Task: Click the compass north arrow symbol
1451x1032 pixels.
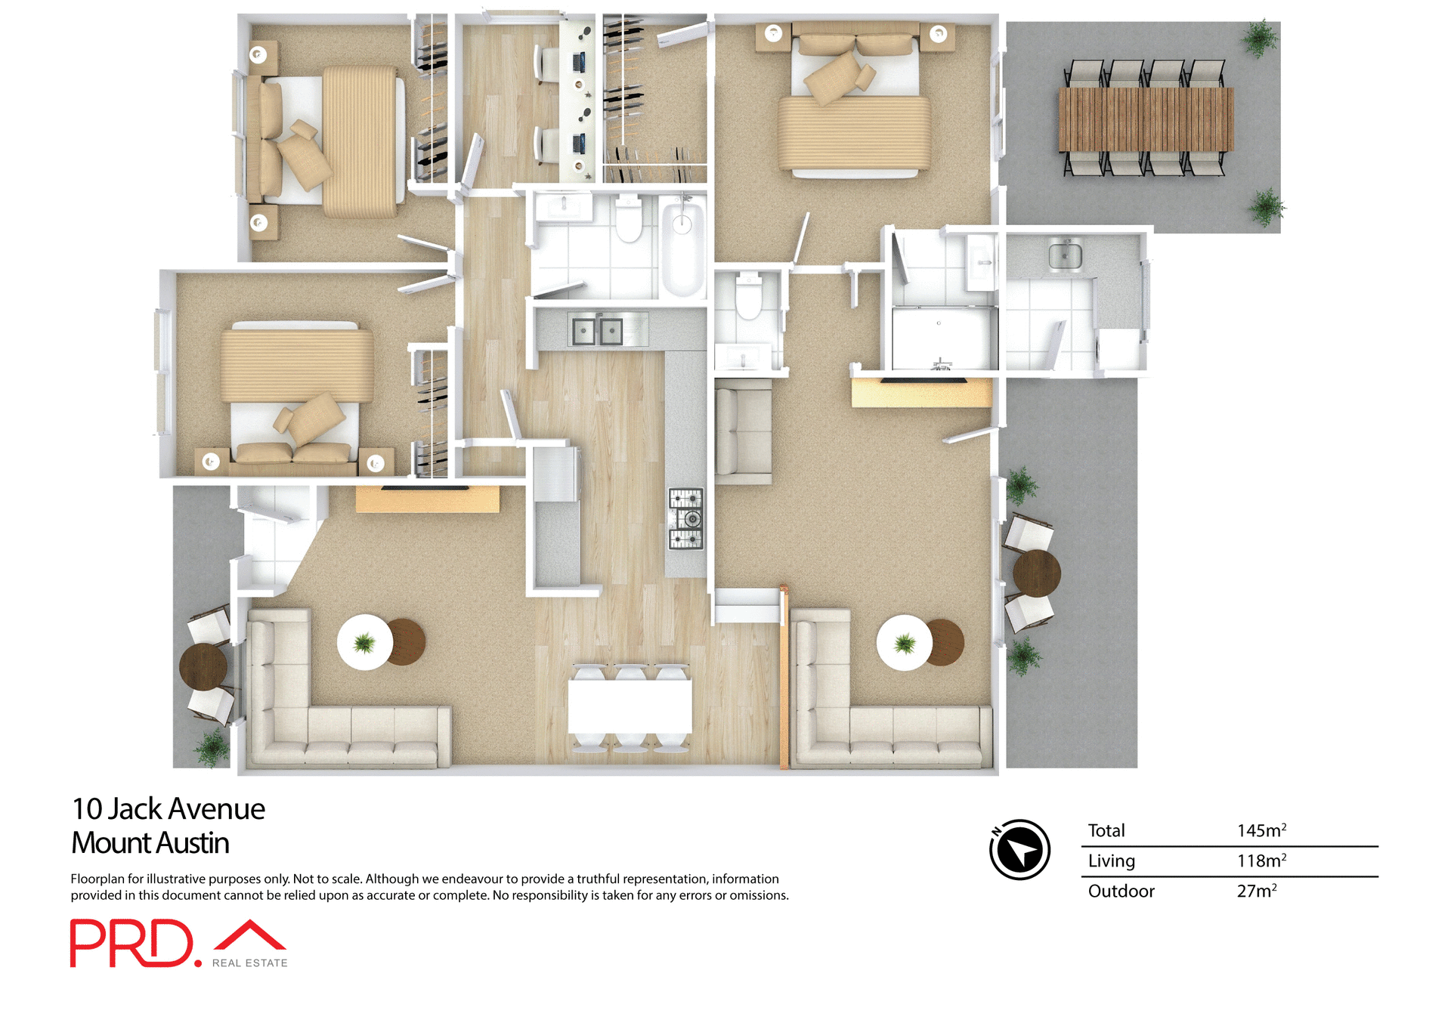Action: point(1019,849)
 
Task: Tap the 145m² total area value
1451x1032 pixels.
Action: point(1261,830)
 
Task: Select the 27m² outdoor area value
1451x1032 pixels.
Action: point(1256,891)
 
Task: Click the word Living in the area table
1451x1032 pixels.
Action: point(1111,861)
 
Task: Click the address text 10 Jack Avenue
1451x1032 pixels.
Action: point(168,809)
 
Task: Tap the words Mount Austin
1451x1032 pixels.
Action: point(150,843)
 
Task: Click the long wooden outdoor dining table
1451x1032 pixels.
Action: point(1145,119)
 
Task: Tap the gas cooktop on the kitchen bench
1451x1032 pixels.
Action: point(685,518)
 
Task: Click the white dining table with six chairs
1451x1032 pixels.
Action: point(630,706)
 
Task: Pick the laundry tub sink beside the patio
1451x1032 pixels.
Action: point(1065,255)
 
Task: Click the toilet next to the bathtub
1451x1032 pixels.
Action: point(628,219)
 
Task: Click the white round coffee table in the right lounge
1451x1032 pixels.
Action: point(904,643)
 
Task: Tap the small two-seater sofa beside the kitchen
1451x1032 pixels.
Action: point(743,431)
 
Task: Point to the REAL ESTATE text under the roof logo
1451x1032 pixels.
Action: point(249,962)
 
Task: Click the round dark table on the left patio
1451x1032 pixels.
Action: point(203,666)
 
